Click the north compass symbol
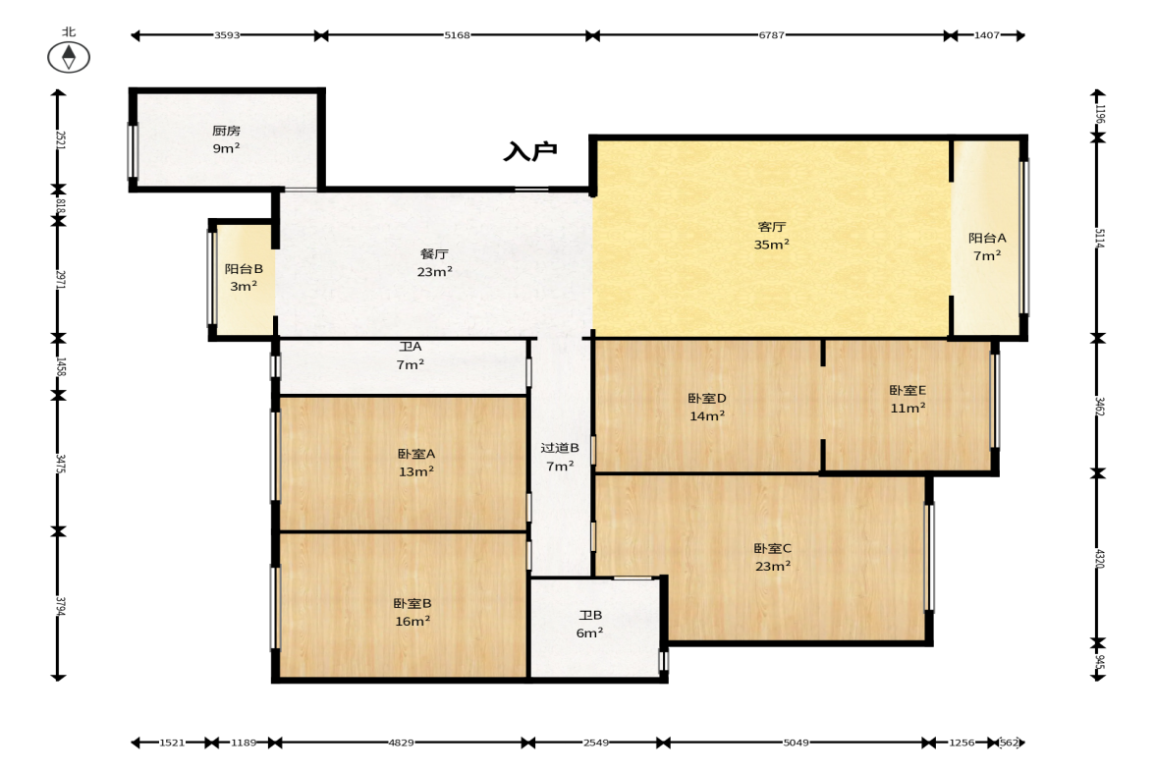pyautogui.click(x=69, y=57)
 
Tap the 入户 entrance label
pyautogui.click(x=530, y=151)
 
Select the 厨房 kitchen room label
pyautogui.click(x=226, y=131)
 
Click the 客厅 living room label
pyautogui.click(x=772, y=226)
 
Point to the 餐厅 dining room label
pyautogui.click(x=434, y=253)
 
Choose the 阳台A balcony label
pyautogui.click(x=987, y=238)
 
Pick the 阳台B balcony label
pyautogui.click(x=244, y=269)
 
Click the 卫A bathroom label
pyautogui.click(x=411, y=347)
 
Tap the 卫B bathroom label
pyautogui.click(x=590, y=615)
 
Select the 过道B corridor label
pyautogui.click(x=560, y=448)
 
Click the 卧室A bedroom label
pyautogui.click(x=416, y=454)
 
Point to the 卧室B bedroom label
pyautogui.click(x=413, y=603)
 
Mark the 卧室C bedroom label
pyautogui.click(x=773, y=548)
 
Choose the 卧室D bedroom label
pyautogui.click(x=707, y=398)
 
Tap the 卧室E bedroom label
pyautogui.click(x=908, y=390)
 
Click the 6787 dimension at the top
pyautogui.click(x=772, y=34)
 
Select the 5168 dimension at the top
pyautogui.click(x=457, y=34)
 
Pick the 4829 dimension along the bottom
pyautogui.click(x=401, y=743)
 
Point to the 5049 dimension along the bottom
pyautogui.click(x=796, y=743)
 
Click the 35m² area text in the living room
pyautogui.click(x=772, y=244)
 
